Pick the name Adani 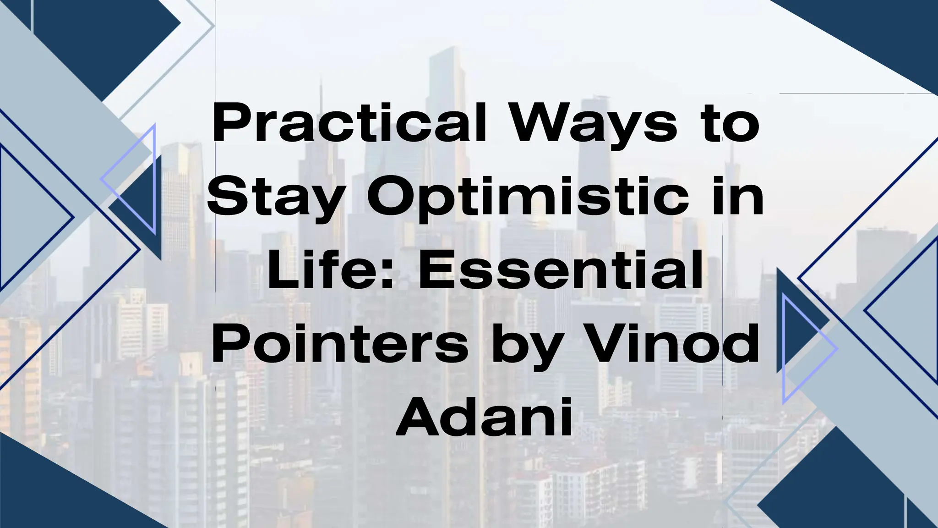pyautogui.click(x=485, y=419)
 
